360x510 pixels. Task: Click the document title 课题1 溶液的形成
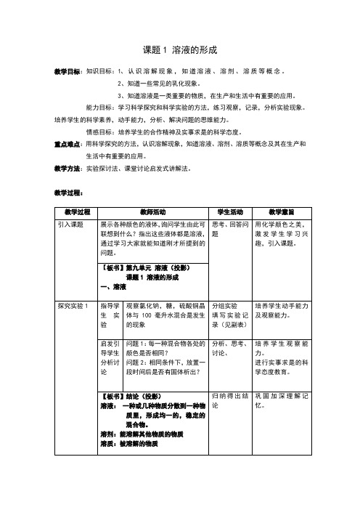pos(180,51)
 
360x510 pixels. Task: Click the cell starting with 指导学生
pos(110,316)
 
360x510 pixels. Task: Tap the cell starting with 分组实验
pos(229,316)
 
